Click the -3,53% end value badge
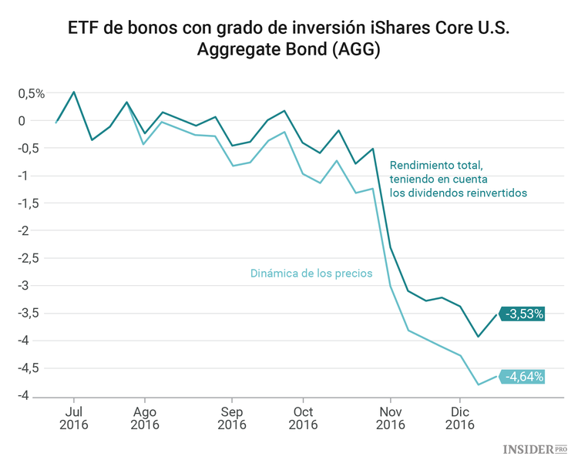pos(525,314)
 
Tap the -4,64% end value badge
pos(525,377)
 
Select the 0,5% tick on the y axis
pos(32,94)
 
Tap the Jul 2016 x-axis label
pos(74,418)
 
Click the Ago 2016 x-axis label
pos(144,418)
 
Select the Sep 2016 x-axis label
pos(232,418)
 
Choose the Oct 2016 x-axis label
pos(303,418)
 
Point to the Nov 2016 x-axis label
pos(391,418)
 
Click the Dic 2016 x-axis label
pos(460,418)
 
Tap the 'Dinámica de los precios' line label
pos(311,273)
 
